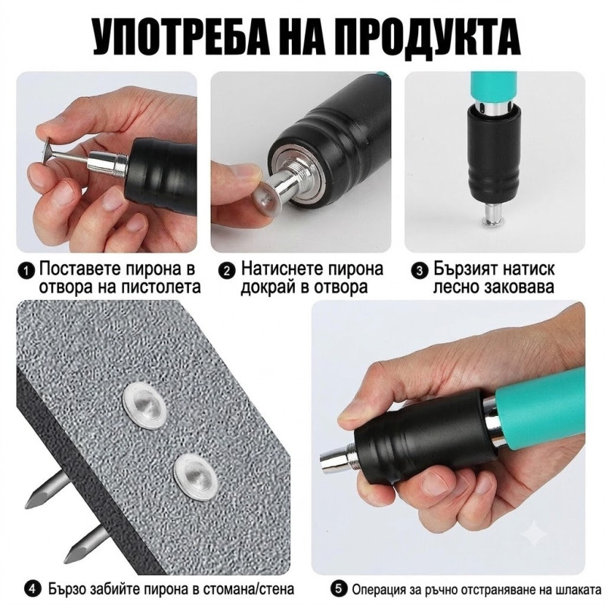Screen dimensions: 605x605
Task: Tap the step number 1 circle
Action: [x=26, y=271]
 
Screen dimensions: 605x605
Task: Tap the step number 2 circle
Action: [x=226, y=271]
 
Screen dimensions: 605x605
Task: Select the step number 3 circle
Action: [x=420, y=271]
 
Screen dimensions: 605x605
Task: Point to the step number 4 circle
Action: [x=33, y=589]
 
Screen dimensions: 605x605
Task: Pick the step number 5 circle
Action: [x=339, y=589]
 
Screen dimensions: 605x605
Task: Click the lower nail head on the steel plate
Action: [x=194, y=477]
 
